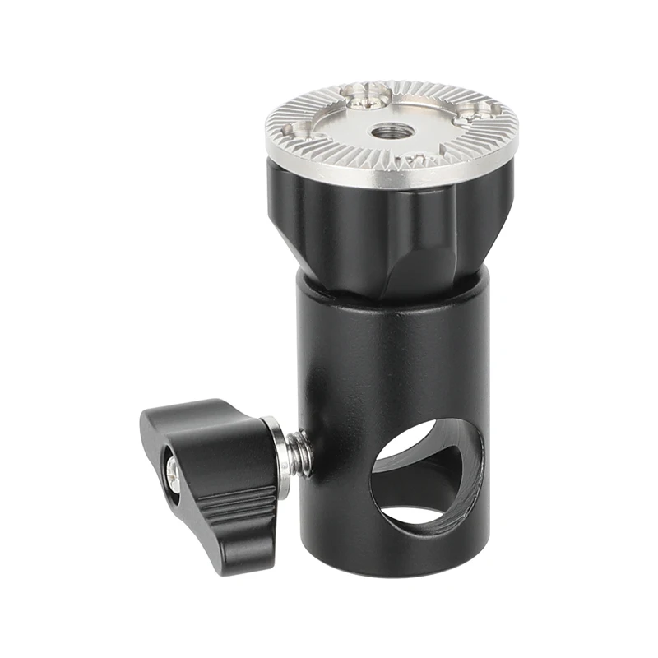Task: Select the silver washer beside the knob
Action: pyautogui.click(x=280, y=456)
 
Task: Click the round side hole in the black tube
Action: pyautogui.click(x=419, y=477)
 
